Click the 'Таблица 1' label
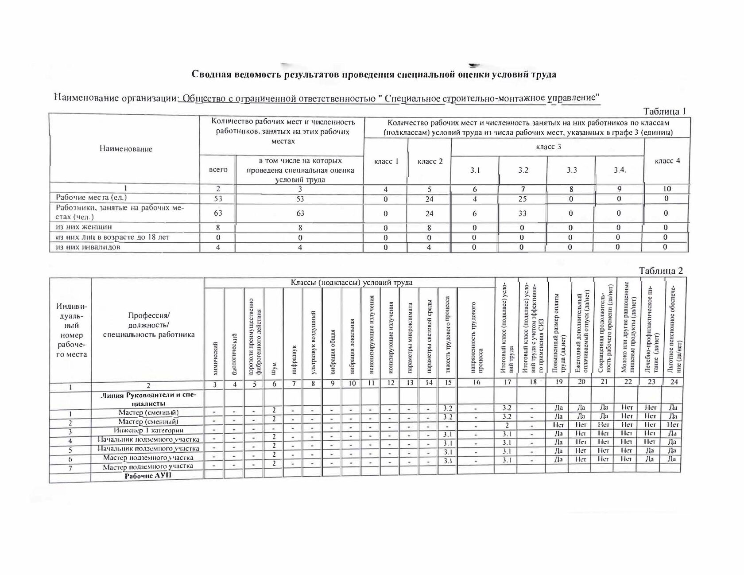coord(664,111)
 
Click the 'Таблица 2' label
coord(661,271)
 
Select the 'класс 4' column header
coord(667,161)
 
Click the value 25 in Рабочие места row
coord(523,199)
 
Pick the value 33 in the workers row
coord(523,214)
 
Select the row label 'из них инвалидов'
coord(87,247)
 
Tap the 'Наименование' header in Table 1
coord(126,149)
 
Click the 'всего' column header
coord(218,169)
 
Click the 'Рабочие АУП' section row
coord(148,476)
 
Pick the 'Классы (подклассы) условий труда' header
coord(351,283)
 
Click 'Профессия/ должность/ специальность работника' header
coord(149,325)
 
